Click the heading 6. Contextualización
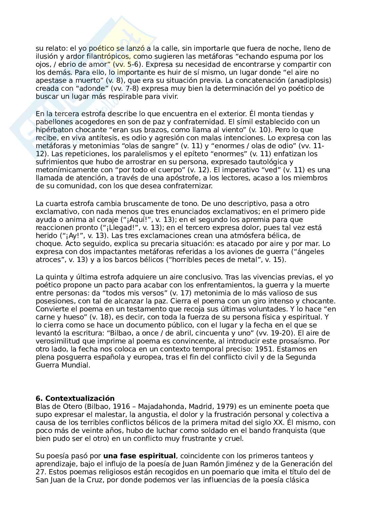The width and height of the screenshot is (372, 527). point(75,399)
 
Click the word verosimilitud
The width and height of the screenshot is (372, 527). point(56,341)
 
